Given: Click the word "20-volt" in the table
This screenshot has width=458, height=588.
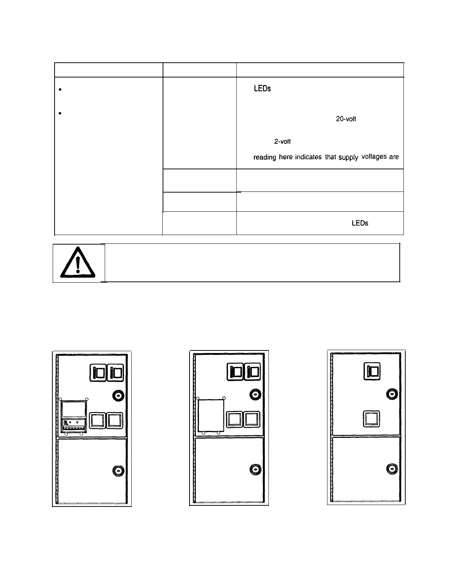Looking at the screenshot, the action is point(346,120).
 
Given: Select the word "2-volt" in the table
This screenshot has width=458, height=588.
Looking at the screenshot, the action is point(282,141).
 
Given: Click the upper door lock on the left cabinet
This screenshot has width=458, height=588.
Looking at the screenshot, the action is point(118,396).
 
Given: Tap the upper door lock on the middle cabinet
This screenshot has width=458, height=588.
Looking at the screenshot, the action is point(255,394).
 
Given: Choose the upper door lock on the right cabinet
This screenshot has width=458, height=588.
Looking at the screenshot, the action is point(392,394).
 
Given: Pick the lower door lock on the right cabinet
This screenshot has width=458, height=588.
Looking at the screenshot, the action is point(392,468).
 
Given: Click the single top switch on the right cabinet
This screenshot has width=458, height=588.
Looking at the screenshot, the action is point(372,370).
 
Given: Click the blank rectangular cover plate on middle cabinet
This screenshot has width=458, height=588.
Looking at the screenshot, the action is point(211,415).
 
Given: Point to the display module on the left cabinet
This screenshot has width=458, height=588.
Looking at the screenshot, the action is point(74,416).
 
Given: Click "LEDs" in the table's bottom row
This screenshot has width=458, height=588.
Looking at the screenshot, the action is point(360,223).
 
